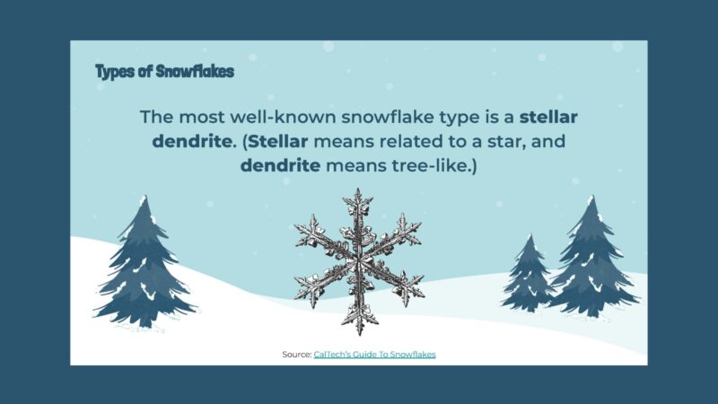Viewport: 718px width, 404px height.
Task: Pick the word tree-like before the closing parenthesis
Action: pos(430,166)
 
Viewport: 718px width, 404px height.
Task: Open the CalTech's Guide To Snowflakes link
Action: pos(374,355)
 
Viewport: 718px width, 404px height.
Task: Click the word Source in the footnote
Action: pos(295,355)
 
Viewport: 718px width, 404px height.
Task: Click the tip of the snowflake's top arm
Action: pos(358,190)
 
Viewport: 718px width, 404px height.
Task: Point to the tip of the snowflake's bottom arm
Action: pos(361,332)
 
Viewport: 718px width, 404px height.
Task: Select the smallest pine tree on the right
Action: pos(529,274)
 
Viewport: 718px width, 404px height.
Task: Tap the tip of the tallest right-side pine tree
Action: pos(591,198)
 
